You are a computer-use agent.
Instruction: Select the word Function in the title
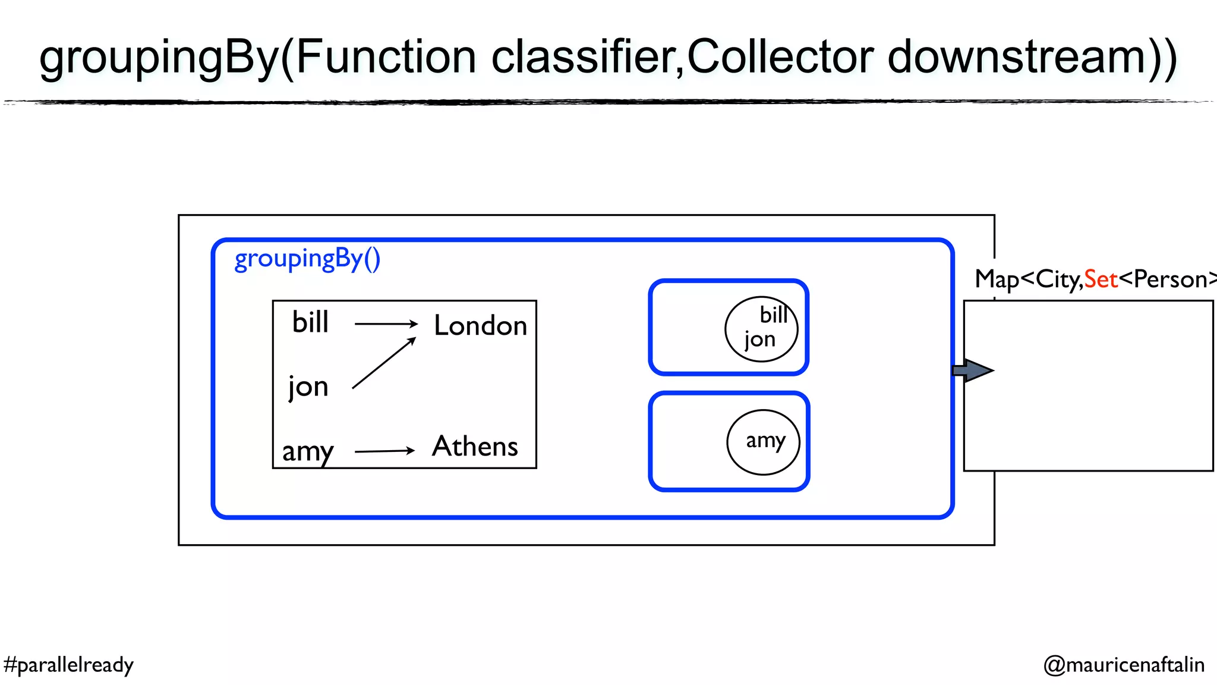tap(386, 57)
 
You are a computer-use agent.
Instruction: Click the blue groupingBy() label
tap(307, 260)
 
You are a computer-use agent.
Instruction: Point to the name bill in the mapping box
tap(310, 323)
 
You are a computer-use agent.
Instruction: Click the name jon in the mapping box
tap(308, 387)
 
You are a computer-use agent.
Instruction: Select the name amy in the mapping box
tap(308, 451)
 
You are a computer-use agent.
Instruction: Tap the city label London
tap(480, 326)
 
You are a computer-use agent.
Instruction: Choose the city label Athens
tap(475, 447)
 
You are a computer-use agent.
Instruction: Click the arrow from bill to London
tap(386, 324)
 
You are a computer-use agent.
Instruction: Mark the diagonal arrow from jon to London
tap(383, 363)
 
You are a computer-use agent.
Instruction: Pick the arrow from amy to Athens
tap(384, 451)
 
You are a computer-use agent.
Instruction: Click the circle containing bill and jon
tap(761, 329)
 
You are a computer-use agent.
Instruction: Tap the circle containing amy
tap(763, 442)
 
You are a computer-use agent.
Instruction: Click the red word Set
tap(1101, 279)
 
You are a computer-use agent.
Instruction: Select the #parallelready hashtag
tap(68, 665)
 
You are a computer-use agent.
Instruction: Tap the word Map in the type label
tap(997, 279)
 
